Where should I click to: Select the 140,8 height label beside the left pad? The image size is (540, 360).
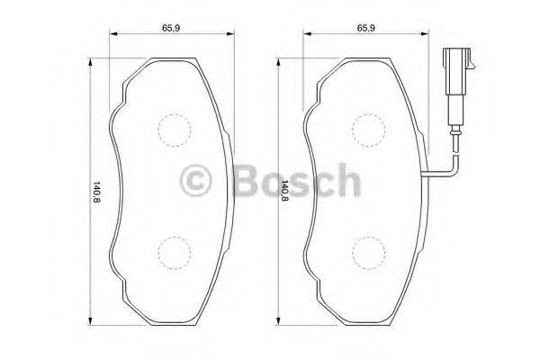[95, 192]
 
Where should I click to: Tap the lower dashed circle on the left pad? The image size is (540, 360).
[174, 249]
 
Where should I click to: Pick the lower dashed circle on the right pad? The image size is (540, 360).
[367, 249]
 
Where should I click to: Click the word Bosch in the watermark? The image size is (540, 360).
[292, 182]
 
